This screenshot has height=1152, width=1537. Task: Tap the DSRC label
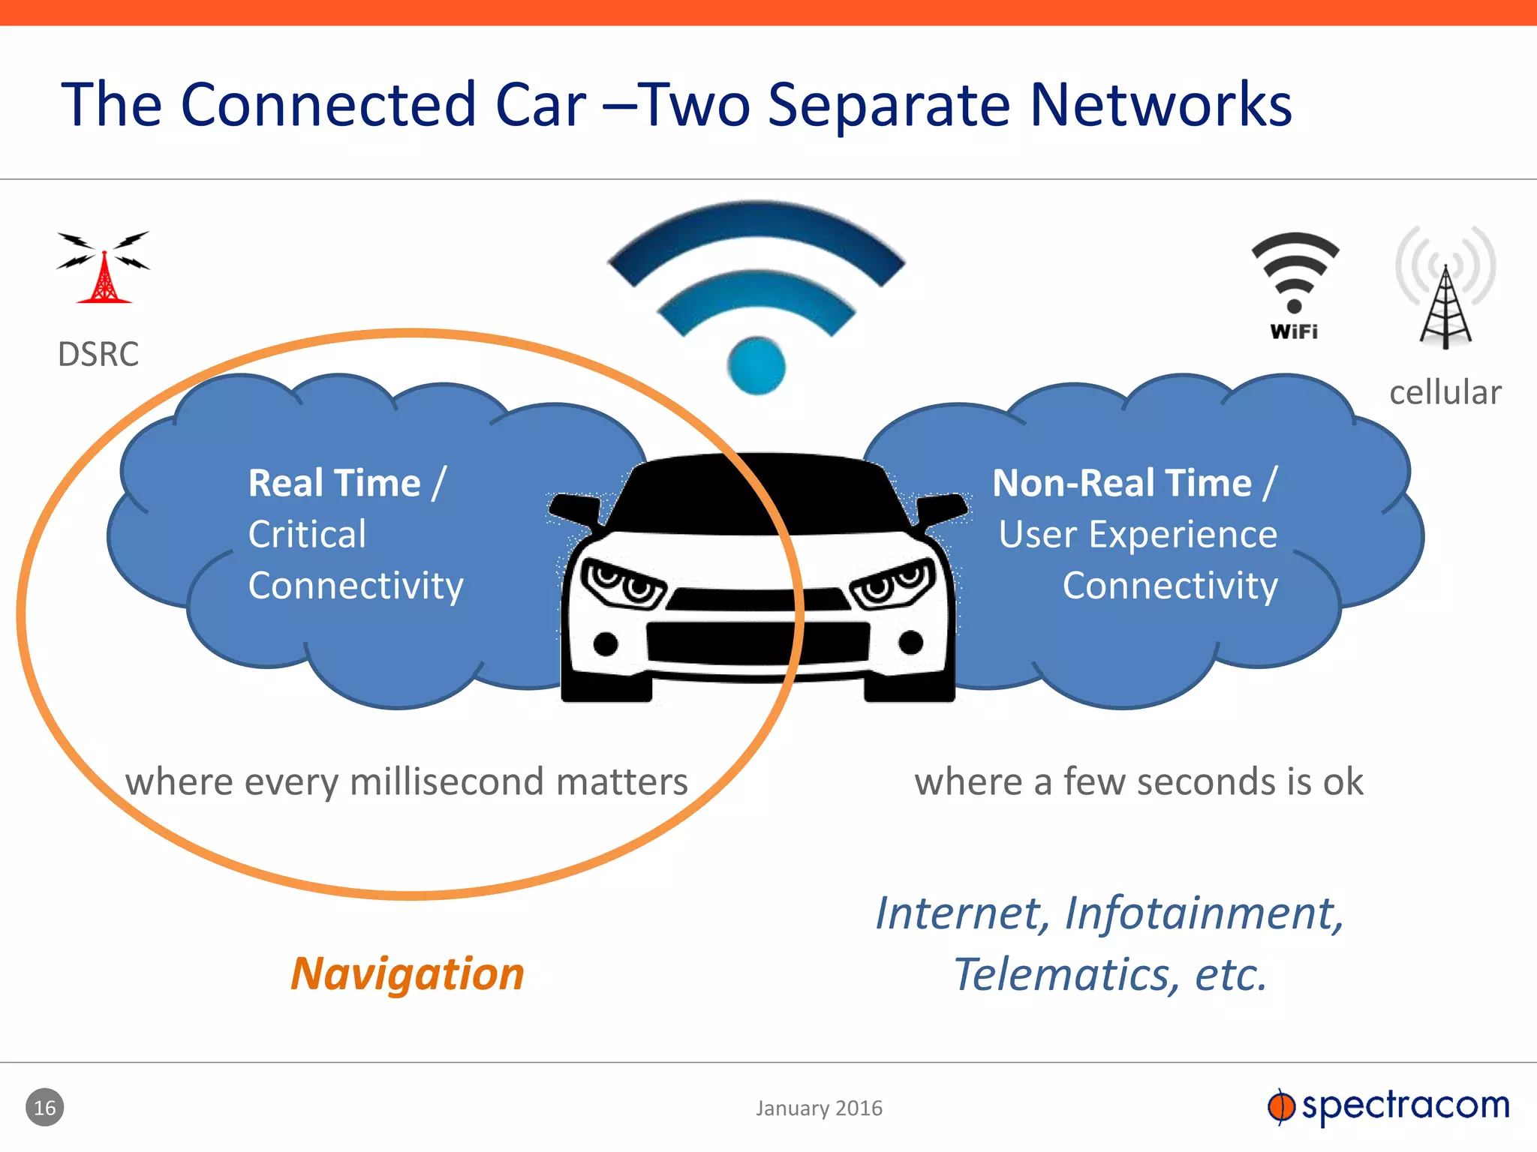pos(98,354)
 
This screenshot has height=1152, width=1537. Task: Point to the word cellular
pos(1445,392)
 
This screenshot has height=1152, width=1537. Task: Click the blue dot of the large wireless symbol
pos(756,366)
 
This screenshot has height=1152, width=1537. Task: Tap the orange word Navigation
pos(408,974)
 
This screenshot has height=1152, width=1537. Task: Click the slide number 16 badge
pos(45,1108)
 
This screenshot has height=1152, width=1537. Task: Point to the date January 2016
pos(819,1108)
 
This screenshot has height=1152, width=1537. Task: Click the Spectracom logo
pos(1388,1106)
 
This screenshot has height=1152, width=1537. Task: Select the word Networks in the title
pos(1160,104)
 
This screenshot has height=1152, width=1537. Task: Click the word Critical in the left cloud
pos(308,534)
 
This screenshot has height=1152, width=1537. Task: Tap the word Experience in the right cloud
pos(1183,534)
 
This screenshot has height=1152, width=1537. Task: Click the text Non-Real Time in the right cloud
pos(1122,482)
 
